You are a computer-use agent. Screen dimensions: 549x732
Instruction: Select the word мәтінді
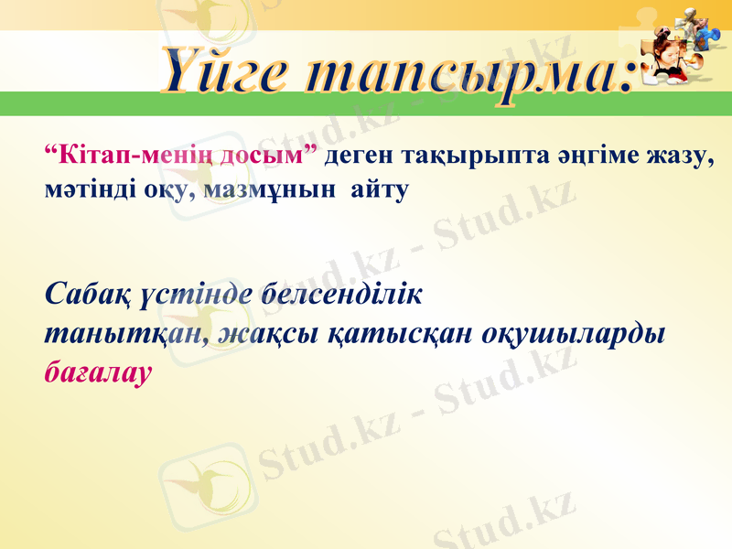tap(88, 190)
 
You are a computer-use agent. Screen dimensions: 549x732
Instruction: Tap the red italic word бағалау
tap(97, 372)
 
